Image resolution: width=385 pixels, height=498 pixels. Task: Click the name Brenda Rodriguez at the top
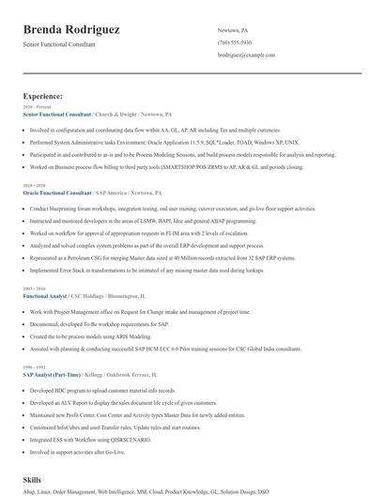pos(71,30)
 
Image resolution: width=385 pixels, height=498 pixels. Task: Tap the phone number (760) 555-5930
pos(234,42)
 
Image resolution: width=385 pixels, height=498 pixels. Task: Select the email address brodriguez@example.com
pos(246,55)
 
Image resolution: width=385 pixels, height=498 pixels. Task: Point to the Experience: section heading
pos(43,96)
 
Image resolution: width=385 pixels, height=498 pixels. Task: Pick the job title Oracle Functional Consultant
pos(63,192)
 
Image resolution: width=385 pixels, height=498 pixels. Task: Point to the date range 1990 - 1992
pos(33,366)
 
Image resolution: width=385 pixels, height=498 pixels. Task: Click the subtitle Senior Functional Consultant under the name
pos(59,44)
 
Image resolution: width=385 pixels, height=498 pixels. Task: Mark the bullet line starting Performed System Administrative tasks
pos(163,142)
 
